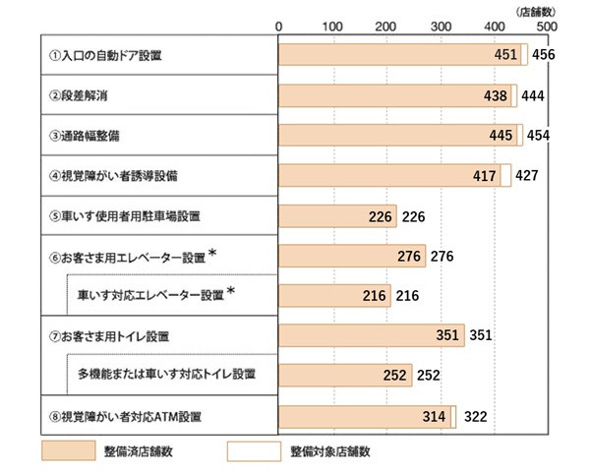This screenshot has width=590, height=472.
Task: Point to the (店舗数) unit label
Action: point(536,9)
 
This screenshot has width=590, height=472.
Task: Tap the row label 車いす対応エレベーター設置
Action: point(151,294)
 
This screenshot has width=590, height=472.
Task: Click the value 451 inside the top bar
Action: point(505,55)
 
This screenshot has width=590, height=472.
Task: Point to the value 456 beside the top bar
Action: point(543,55)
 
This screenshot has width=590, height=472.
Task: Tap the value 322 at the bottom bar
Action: point(475,417)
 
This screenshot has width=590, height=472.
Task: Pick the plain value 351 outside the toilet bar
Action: point(481,336)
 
